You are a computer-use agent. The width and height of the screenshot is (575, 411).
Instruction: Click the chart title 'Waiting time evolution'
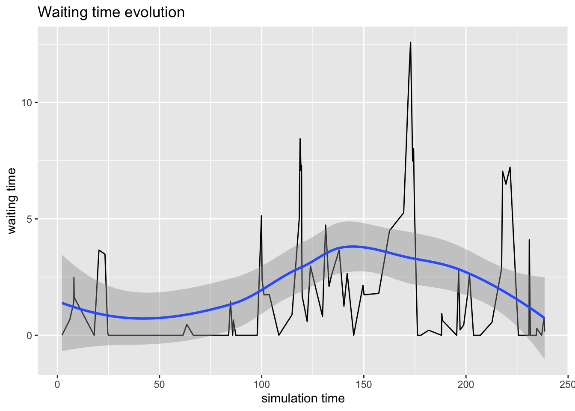tap(111, 12)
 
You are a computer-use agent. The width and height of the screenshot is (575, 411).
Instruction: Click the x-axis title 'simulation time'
tap(303, 399)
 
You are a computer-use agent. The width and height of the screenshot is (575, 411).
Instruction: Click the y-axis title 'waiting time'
tap(12, 201)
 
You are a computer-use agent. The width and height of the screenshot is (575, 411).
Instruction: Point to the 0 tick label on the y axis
tap(30, 336)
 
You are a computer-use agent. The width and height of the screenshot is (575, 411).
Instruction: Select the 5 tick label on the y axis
tap(30, 219)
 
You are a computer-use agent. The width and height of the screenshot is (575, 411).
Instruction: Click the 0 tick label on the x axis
tap(57, 384)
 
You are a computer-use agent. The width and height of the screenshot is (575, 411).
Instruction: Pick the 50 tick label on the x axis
tap(160, 384)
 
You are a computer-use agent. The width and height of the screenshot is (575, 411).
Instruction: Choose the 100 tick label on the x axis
tap(261, 384)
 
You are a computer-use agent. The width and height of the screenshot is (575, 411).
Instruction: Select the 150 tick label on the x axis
tap(364, 384)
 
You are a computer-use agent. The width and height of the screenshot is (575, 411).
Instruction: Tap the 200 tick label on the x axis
tap(465, 384)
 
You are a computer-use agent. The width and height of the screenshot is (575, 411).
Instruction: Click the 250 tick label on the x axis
tap(567, 384)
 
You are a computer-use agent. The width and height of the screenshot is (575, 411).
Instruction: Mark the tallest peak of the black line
tap(410, 42)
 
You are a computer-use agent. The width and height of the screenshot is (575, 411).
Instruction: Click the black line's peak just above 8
tap(300, 139)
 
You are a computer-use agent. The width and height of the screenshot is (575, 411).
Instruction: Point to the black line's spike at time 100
tap(261, 216)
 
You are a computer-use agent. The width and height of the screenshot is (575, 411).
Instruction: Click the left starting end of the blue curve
tap(62, 303)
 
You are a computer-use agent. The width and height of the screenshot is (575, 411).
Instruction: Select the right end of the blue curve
tap(544, 318)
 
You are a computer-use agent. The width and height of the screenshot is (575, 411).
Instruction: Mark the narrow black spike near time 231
tap(529, 240)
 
